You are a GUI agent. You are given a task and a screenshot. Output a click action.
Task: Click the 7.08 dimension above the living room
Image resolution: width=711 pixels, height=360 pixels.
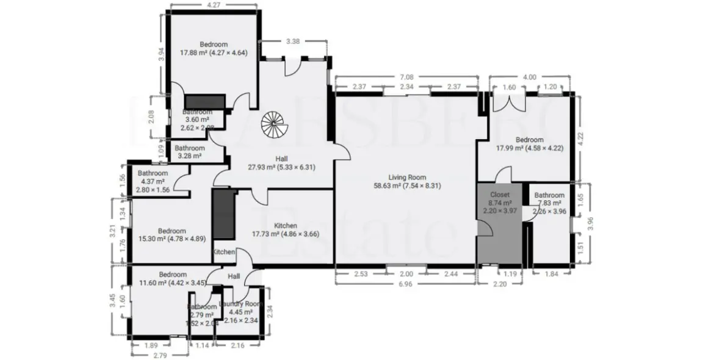coord(406,77)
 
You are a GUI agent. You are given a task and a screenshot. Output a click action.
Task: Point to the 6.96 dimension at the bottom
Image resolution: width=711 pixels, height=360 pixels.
coord(405,284)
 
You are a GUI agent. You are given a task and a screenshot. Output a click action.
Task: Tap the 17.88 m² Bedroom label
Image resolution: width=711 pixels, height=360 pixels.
coord(213,48)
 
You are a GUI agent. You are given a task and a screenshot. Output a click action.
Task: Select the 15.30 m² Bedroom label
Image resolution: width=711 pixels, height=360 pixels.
coord(171,234)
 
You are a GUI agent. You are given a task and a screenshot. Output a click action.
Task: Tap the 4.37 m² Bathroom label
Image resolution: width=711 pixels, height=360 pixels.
coord(153,181)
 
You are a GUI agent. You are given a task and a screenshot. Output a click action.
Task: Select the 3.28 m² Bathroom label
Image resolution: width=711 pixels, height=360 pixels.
coord(190,152)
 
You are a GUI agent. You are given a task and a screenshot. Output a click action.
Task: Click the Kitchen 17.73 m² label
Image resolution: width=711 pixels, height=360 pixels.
coord(286,229)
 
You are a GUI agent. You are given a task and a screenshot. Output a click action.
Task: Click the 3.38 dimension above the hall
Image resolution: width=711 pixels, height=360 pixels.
coord(293,41)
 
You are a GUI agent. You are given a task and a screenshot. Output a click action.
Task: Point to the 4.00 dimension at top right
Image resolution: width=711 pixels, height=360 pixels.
coord(530,77)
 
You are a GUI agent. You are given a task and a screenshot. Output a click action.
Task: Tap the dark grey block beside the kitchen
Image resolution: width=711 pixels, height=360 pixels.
coord(224,214)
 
